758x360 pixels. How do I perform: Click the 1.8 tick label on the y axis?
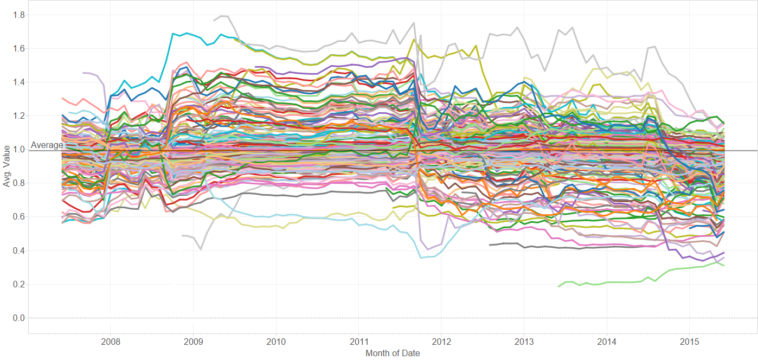click(18, 15)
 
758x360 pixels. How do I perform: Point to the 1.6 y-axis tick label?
click(18, 49)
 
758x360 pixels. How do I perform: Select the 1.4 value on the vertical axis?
click(18, 82)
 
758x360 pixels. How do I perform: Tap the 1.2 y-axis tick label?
click(18, 116)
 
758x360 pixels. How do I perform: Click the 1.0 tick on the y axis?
click(18, 150)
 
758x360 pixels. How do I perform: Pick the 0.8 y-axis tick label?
click(18, 183)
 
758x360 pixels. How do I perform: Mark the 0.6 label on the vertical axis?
click(18, 217)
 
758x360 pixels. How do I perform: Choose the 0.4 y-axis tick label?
click(18, 250)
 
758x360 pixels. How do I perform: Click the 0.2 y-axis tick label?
click(18, 284)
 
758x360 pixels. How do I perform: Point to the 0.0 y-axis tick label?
click(18, 318)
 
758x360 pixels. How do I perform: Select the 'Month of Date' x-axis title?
click(393, 353)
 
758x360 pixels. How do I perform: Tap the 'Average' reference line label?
click(47, 145)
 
